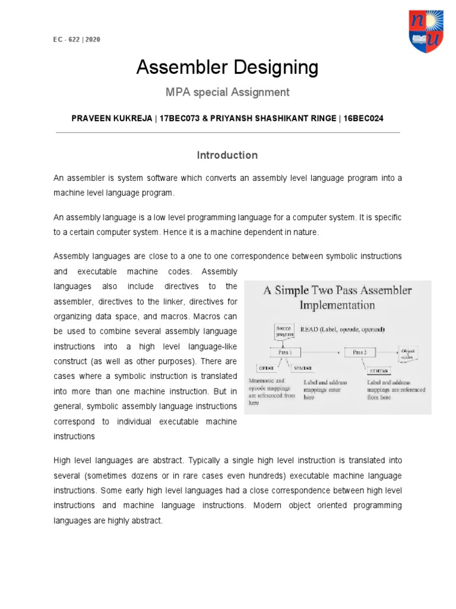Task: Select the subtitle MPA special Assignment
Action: pyautogui.click(x=227, y=92)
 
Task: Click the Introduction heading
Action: pyautogui.click(x=227, y=155)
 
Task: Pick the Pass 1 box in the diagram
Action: pyautogui.click(x=286, y=352)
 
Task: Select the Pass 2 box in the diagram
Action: pyautogui.click(x=360, y=352)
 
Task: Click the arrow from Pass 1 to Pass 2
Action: pyautogui.click(x=323, y=352)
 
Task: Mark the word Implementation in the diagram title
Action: pyautogui.click(x=337, y=305)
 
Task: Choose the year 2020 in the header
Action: pyautogui.click(x=93, y=40)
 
